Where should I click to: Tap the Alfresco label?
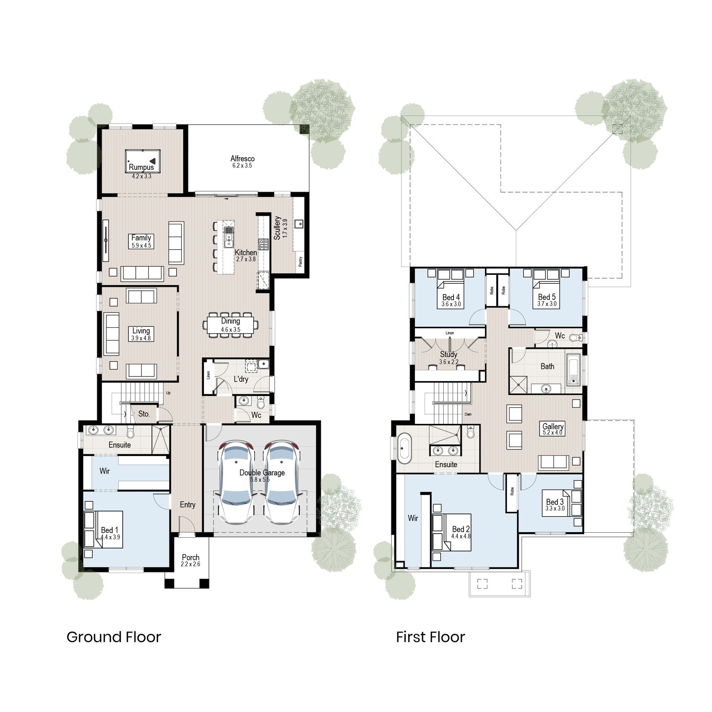(242, 159)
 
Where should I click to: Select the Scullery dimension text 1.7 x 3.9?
(285, 228)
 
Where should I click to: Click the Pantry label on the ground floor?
(300, 261)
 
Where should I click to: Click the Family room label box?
(141, 241)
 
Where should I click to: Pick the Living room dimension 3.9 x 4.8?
(141, 338)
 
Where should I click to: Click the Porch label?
(191, 557)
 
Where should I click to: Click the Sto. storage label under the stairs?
(144, 414)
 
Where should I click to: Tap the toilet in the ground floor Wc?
(260, 402)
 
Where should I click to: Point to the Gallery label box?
(553, 429)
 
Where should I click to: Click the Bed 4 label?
(451, 297)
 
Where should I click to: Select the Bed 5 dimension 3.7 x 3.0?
(547, 304)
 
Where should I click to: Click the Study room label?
(449, 355)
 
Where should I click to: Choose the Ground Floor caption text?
(114, 637)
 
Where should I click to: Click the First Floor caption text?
(430, 637)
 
